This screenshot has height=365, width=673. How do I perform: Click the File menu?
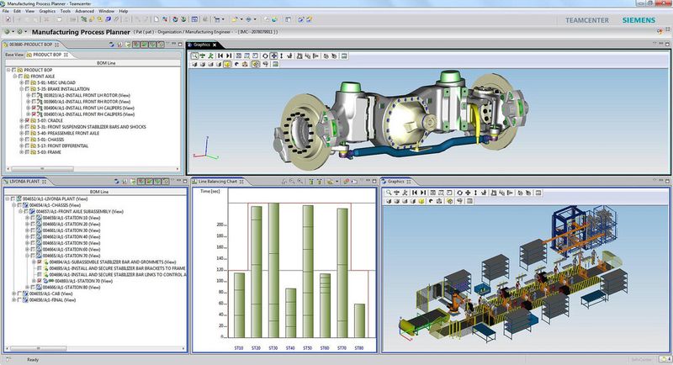click(x=6, y=11)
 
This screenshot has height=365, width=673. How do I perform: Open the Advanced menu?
click(x=85, y=11)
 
